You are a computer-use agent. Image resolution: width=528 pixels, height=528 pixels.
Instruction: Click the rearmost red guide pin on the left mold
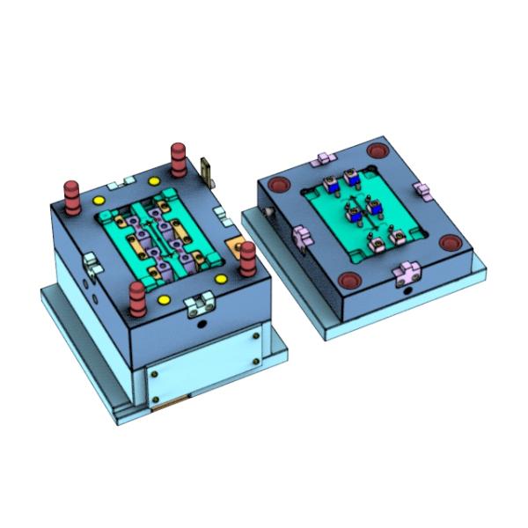179,157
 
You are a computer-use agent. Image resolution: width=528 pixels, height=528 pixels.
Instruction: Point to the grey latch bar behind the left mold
208,170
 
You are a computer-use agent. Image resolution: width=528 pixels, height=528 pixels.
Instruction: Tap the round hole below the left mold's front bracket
204,325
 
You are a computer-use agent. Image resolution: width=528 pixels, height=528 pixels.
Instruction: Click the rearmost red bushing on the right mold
378,151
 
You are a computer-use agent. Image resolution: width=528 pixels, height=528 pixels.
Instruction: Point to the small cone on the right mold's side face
264,214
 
